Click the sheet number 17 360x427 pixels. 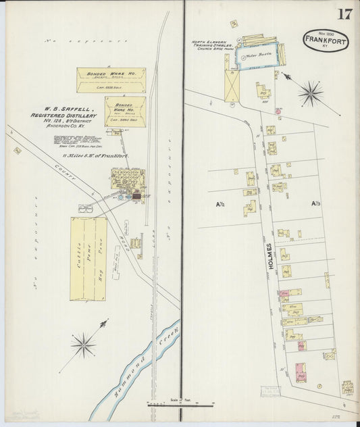tap(344, 14)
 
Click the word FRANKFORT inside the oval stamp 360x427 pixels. tap(326, 40)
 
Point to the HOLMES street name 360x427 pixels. tap(270, 257)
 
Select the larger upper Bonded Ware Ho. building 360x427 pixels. tap(111, 80)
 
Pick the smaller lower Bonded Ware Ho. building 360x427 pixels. tap(125, 111)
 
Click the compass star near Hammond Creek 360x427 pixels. tap(84, 343)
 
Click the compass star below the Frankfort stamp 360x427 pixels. tap(310, 93)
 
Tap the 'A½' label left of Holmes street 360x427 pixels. tap(221, 204)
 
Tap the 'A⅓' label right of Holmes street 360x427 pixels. tap(315, 203)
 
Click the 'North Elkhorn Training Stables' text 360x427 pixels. tap(211, 45)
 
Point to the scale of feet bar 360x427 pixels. tap(180, 405)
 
